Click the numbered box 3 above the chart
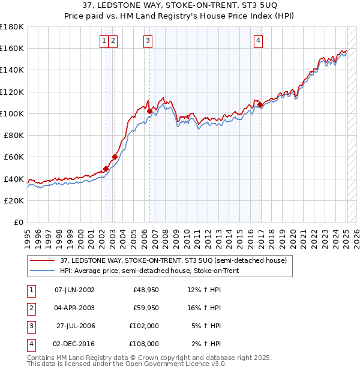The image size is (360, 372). [148, 41]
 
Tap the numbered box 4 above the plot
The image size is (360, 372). [258, 41]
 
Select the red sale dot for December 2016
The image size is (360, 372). [260, 105]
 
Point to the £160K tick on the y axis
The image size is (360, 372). [12, 48]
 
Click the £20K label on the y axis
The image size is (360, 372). [14, 200]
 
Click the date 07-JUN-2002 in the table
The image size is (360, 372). [74, 290]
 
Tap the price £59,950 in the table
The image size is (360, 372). [146, 308]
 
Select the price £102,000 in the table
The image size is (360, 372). [145, 326]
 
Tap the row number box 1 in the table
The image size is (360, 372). [31, 290]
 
